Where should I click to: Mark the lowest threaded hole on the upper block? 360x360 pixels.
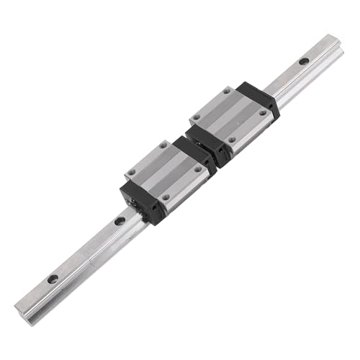(x=230, y=140)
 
